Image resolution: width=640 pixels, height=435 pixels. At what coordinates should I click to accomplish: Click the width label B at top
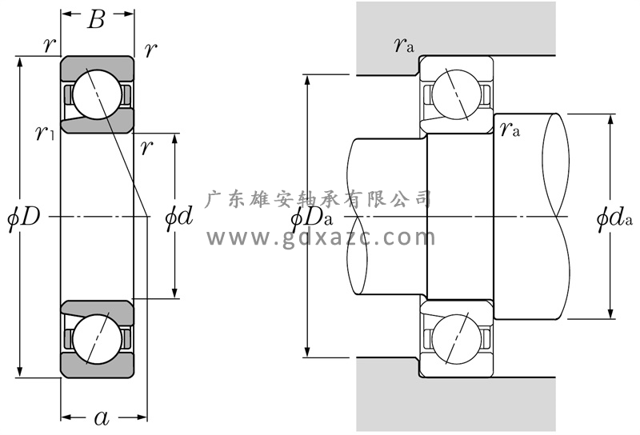tap(96, 20)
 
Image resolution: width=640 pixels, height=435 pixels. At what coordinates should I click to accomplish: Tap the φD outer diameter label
tap(23, 217)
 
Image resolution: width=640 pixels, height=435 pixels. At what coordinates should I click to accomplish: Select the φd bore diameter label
tap(178, 217)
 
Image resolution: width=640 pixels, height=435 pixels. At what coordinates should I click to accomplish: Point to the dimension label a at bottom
tap(102, 417)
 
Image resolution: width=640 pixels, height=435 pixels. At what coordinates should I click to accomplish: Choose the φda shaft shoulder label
tap(615, 217)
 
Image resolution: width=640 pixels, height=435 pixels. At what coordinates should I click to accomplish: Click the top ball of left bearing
tap(98, 94)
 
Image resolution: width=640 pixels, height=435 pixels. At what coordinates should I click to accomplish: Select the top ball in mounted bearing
tap(454, 95)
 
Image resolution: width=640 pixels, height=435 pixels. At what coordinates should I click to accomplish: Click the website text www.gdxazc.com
tap(321, 237)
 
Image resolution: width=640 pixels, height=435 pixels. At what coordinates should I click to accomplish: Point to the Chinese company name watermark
tap(320, 198)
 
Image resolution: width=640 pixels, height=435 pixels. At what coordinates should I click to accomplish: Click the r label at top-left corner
tap(50, 46)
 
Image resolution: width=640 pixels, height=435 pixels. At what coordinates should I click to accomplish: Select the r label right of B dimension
tap(150, 50)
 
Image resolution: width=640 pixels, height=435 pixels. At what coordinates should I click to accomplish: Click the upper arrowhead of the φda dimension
tap(611, 119)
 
